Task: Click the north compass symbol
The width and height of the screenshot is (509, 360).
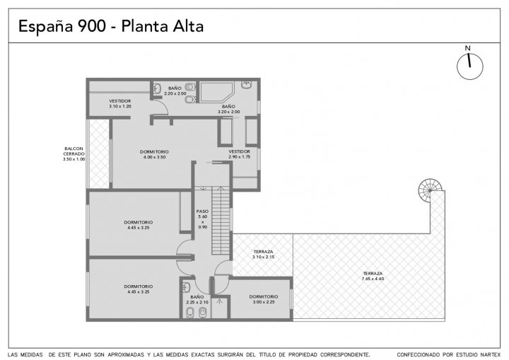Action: (469, 66)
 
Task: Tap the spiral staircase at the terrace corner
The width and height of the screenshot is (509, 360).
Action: (429, 190)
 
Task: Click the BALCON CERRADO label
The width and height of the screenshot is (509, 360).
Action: (74, 153)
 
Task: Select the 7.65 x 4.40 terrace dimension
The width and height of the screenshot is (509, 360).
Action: (373, 279)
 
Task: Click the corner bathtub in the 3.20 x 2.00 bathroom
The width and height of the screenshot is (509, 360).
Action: (216, 92)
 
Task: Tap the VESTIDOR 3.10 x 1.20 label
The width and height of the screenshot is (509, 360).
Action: (120, 103)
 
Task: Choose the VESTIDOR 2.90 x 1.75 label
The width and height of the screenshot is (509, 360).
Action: (239, 154)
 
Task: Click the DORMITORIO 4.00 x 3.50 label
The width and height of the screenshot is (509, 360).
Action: (154, 154)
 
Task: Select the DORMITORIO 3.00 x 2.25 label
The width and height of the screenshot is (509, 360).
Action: (264, 299)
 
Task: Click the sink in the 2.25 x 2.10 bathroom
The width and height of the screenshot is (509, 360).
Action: (187, 287)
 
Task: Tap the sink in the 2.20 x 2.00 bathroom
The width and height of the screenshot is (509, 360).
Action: (157, 88)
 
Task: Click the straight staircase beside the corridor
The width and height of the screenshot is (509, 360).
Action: (221, 221)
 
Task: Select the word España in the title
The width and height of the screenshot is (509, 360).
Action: (46, 27)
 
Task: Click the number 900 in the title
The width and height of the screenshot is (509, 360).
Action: (92, 26)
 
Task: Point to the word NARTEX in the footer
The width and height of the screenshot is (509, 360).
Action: (489, 355)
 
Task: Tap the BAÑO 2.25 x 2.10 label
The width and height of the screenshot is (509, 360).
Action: (197, 300)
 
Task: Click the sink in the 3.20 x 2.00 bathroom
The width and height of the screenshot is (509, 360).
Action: (246, 85)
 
